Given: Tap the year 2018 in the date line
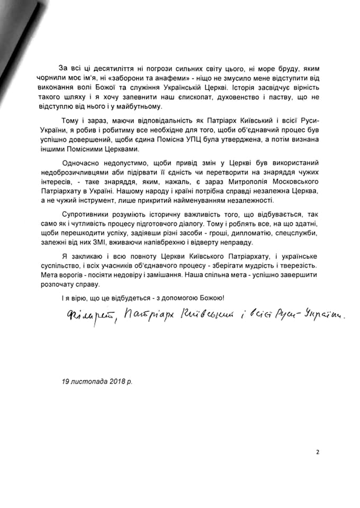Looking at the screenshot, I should point(109,380).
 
